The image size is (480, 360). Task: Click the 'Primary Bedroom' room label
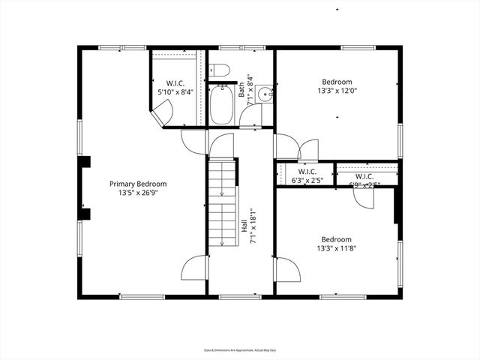(138, 184)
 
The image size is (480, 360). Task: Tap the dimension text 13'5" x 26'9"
(138, 193)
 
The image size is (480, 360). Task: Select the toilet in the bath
(219, 71)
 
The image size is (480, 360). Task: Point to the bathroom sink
(264, 94)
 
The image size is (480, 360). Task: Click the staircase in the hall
(222, 202)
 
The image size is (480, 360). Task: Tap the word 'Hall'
(244, 225)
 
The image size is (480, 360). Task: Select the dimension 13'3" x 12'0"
(337, 91)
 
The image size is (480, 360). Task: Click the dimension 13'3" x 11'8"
(336, 248)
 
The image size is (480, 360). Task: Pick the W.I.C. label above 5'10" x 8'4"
(175, 83)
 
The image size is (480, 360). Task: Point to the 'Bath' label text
(241, 90)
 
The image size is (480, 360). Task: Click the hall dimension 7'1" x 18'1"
(253, 225)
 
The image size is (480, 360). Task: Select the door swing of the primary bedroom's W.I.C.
(162, 112)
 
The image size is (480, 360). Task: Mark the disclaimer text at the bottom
(239, 349)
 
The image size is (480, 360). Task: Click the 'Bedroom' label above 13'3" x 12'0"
(337, 82)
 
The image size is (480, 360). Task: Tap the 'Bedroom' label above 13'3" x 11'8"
(336, 239)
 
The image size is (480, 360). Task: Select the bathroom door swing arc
(250, 116)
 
